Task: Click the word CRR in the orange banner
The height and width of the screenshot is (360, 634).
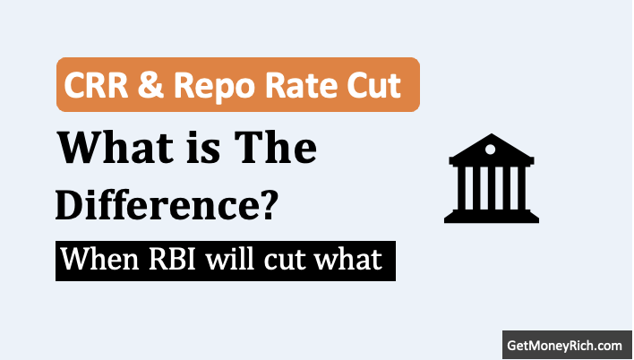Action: [x=96, y=85]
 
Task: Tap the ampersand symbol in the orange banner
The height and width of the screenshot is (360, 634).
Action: [x=150, y=85]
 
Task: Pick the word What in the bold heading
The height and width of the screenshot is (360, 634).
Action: [x=116, y=147]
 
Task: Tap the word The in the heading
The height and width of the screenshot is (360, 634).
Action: [x=276, y=147]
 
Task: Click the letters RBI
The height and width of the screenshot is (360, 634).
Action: [x=172, y=260]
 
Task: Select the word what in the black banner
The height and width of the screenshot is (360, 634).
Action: [x=348, y=259]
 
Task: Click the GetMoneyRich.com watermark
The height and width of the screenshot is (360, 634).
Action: [x=564, y=346]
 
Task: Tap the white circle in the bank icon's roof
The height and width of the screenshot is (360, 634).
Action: [x=490, y=150]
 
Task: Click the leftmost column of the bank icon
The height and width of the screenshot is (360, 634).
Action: [x=461, y=188]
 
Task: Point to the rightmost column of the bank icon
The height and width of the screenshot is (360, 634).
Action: [x=522, y=188]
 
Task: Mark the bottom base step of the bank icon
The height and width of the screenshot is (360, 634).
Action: [x=492, y=219]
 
